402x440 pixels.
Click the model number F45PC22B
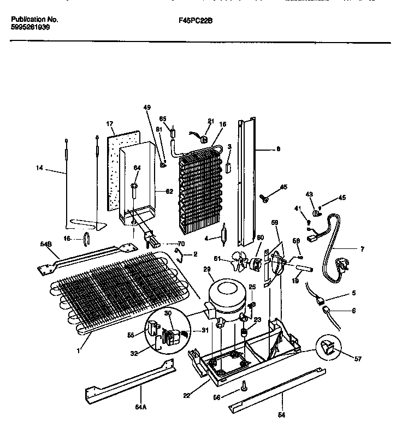click(x=195, y=19)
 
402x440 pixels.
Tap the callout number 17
click(x=109, y=124)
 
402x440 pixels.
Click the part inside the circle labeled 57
click(x=328, y=346)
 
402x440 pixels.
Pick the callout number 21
click(x=210, y=121)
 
